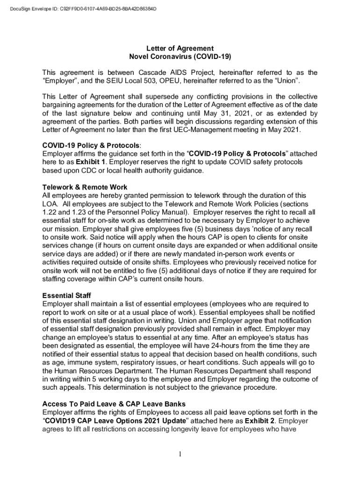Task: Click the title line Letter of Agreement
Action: point(180,48)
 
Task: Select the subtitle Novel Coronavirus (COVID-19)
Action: point(180,57)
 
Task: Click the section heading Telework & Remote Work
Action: point(85,187)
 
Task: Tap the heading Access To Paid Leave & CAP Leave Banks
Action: point(121,404)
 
